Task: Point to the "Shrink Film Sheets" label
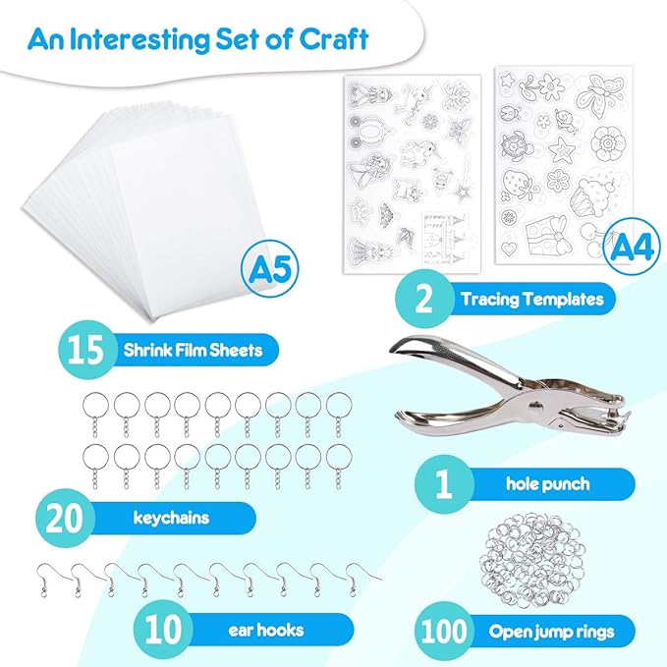[x=193, y=349]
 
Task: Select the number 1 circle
[x=441, y=483]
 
